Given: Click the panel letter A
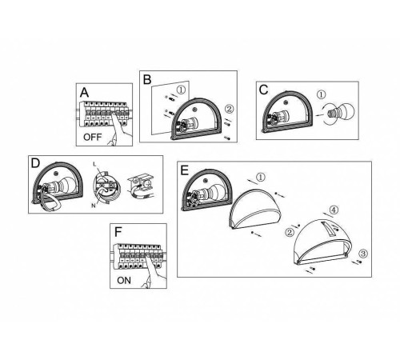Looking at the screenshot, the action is click(x=84, y=93).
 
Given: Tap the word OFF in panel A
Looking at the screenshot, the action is click(x=92, y=138).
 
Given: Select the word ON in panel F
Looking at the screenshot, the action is click(x=124, y=281).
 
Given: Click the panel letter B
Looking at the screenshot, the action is click(x=147, y=80).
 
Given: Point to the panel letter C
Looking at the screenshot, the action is click(x=263, y=90).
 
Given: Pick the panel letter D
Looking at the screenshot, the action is click(x=35, y=163).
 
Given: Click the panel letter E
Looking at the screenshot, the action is click(x=185, y=170).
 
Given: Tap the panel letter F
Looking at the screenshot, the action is click(x=118, y=232).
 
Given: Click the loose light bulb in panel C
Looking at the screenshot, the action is click(x=340, y=113).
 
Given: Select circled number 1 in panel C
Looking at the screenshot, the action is click(x=322, y=94).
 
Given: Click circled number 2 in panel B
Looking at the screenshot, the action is click(x=229, y=109).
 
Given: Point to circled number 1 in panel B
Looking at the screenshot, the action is click(x=181, y=90).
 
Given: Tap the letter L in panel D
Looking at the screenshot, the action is click(x=94, y=164).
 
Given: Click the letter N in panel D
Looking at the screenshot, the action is click(x=94, y=206).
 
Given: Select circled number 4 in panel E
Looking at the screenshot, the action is click(x=334, y=210).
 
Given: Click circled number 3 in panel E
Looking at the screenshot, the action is click(x=363, y=254).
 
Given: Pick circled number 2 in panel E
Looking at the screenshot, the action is click(x=290, y=233).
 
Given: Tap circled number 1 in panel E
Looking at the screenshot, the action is click(x=261, y=177).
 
